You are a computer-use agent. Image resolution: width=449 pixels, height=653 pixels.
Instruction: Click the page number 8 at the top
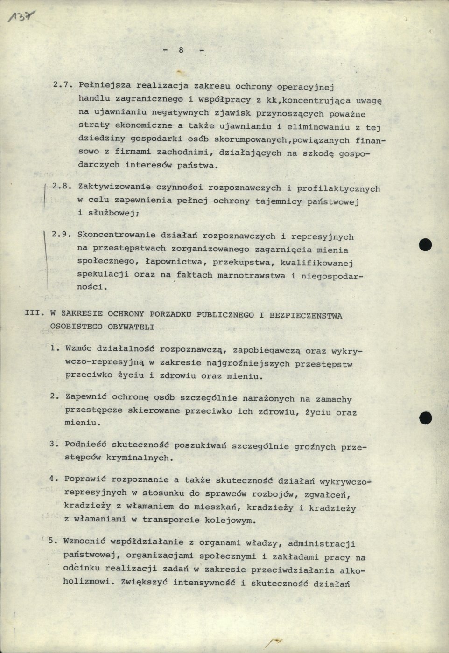click(181, 51)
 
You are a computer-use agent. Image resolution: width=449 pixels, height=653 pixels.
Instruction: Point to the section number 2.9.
click(61, 235)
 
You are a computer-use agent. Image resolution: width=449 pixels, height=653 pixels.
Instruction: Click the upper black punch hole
click(425, 244)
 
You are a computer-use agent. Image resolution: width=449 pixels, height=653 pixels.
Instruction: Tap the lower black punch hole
click(425, 417)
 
